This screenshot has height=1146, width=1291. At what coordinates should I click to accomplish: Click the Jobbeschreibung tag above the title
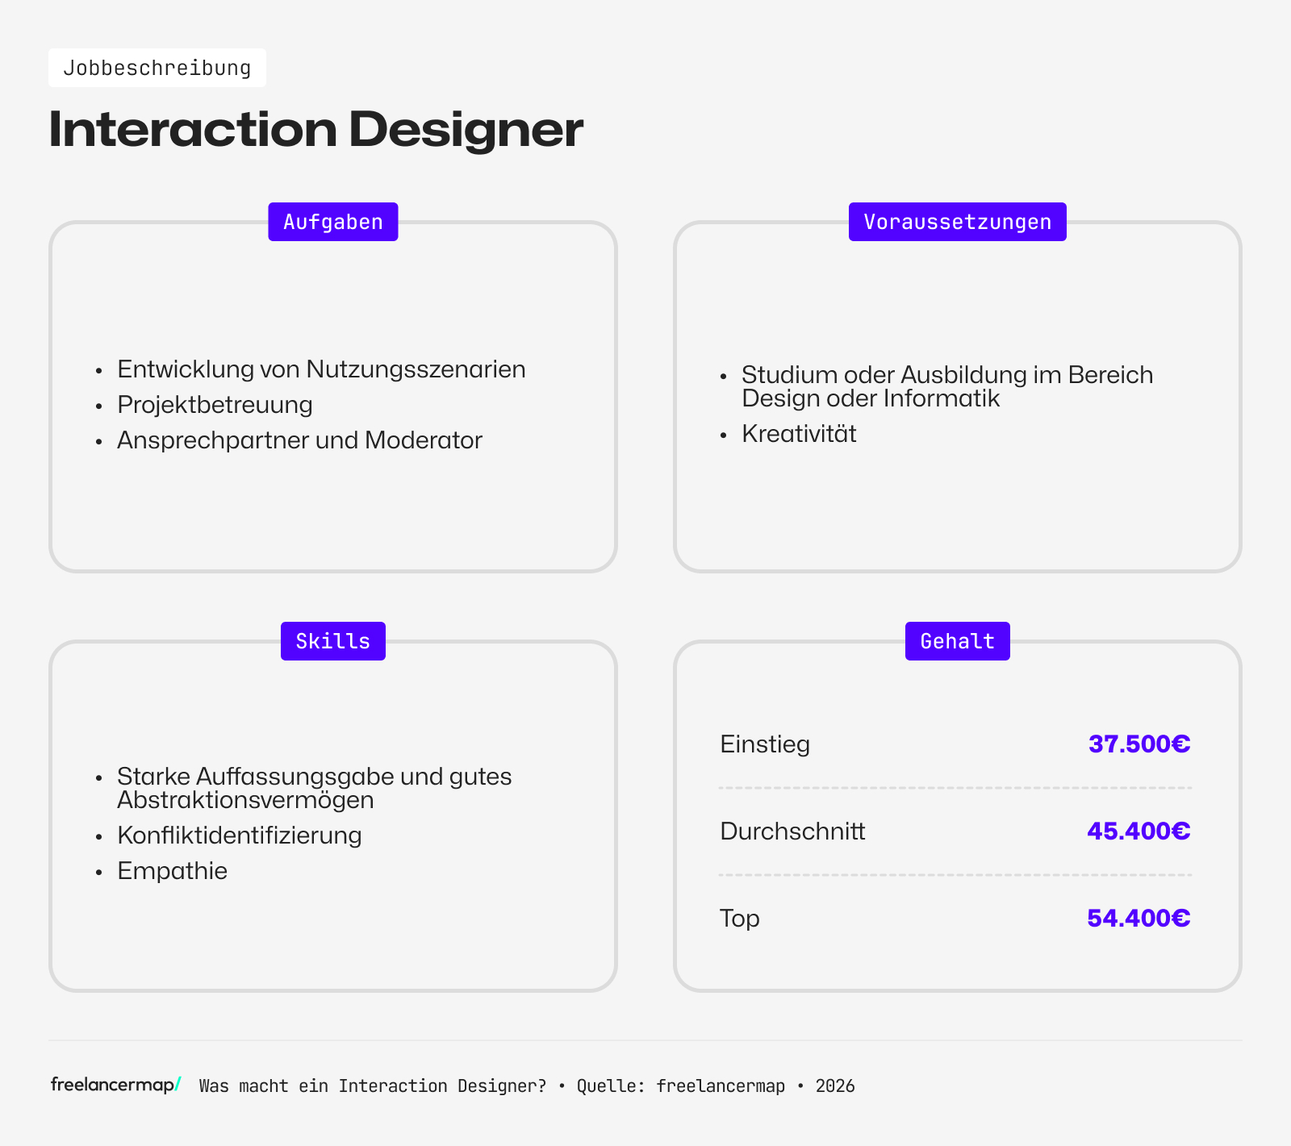pyautogui.click(x=157, y=68)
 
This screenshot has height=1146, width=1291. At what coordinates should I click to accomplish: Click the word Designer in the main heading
pyautogui.click(x=466, y=129)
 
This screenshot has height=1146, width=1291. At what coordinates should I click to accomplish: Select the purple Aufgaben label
pyautogui.click(x=333, y=222)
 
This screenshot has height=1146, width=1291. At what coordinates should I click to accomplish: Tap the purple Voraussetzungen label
pyautogui.click(x=957, y=222)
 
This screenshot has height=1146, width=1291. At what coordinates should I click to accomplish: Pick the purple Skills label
pyautogui.click(x=333, y=641)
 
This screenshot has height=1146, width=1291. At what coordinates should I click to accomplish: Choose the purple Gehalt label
pyautogui.click(x=957, y=641)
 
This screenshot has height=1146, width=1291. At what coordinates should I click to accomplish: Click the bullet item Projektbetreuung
pyautogui.click(x=215, y=405)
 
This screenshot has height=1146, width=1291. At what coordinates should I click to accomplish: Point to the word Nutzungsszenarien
pyautogui.click(x=416, y=369)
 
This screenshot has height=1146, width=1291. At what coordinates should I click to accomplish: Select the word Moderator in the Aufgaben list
pyautogui.click(x=424, y=440)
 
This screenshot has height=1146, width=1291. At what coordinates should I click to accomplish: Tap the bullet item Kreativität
pyautogui.click(x=799, y=434)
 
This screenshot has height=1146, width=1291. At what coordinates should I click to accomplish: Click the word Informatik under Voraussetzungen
pyautogui.click(x=942, y=398)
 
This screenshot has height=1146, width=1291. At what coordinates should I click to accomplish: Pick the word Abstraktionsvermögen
pyautogui.click(x=245, y=800)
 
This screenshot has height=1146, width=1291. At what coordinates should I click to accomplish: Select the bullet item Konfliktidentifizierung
pyautogui.click(x=239, y=836)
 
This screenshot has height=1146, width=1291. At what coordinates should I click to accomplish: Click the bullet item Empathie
pyautogui.click(x=172, y=871)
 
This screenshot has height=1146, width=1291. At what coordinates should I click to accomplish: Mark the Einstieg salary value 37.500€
pyautogui.click(x=1139, y=744)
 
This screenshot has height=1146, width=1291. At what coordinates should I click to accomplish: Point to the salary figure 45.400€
pyautogui.click(x=1138, y=831)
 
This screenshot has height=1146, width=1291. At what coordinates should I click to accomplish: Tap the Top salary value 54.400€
pyautogui.click(x=1138, y=918)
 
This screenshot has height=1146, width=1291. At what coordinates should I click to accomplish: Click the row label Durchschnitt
pyautogui.click(x=792, y=831)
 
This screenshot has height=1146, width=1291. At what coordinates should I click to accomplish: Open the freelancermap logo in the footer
pyautogui.click(x=115, y=1085)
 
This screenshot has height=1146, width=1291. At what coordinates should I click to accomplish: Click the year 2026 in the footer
pyautogui.click(x=835, y=1086)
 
